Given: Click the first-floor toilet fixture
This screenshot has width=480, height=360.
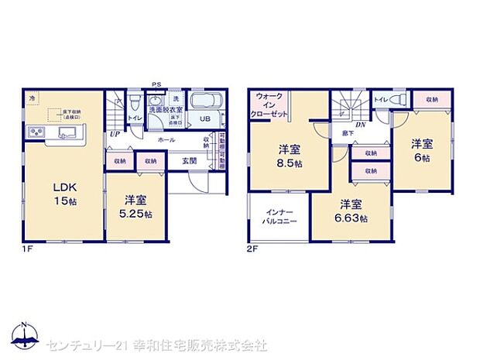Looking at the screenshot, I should tap(135, 103).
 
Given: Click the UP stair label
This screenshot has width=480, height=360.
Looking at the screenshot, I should tap(114, 134).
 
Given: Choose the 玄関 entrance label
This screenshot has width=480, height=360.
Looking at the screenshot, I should tap(190, 160).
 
